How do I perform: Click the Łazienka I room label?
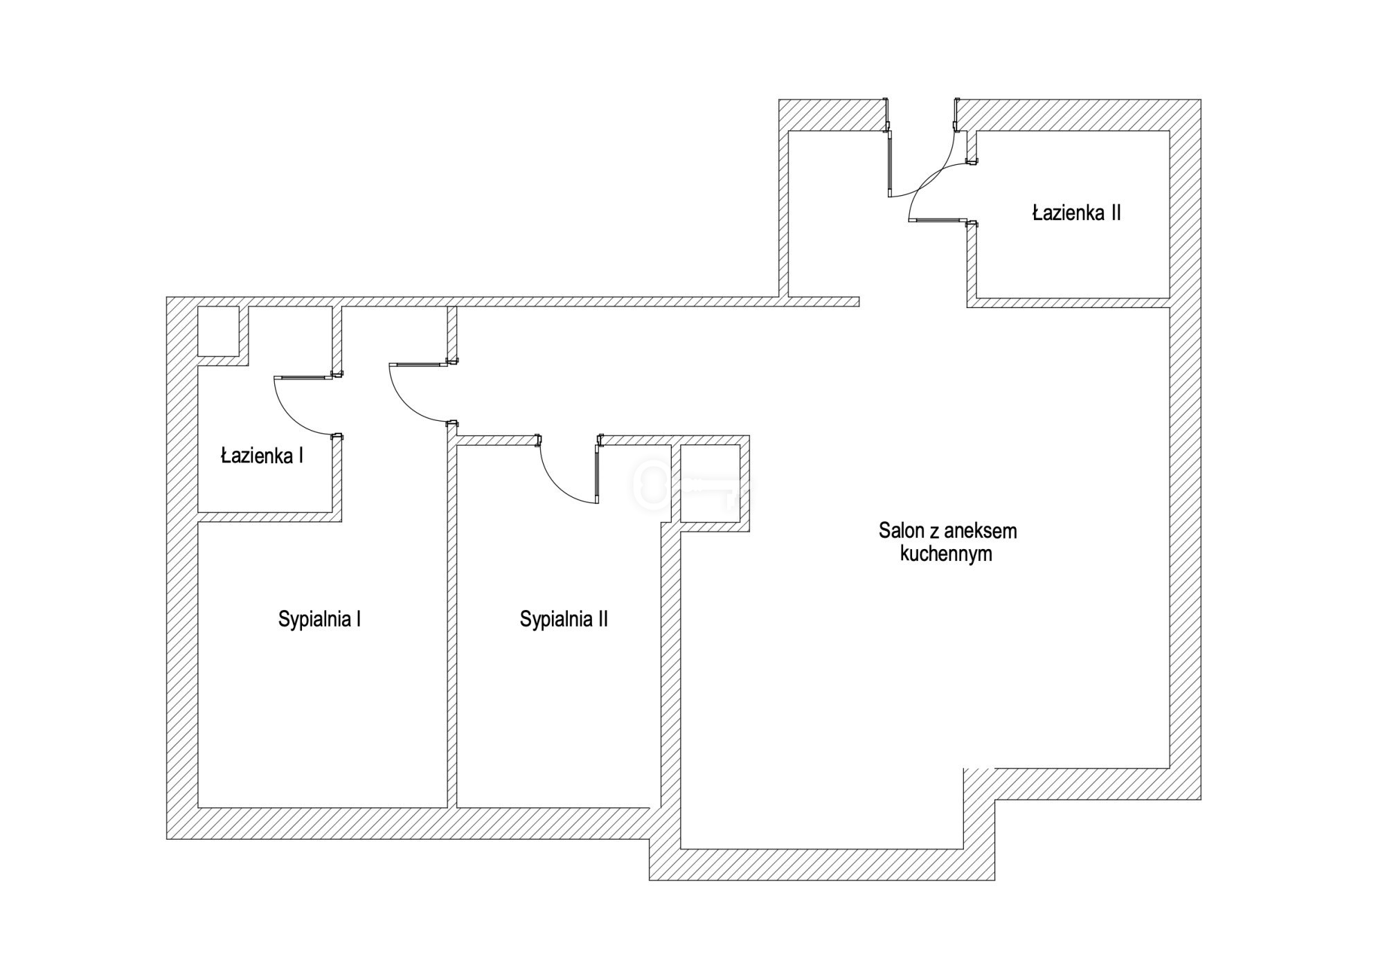pos(262,456)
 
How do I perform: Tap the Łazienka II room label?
pos(1076,213)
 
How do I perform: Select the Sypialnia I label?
pos(319,619)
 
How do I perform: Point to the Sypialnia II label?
pos(564,619)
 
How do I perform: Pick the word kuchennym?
pos(946,554)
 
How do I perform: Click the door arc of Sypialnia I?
pos(414,395)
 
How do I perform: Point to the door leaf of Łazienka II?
pos(938,220)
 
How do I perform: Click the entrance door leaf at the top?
pos(890,164)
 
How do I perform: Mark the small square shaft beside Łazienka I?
pos(218,332)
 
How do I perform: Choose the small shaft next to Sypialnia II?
pos(710,483)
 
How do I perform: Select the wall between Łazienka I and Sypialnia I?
pos(269,517)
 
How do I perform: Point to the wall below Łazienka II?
pos(1069,303)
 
